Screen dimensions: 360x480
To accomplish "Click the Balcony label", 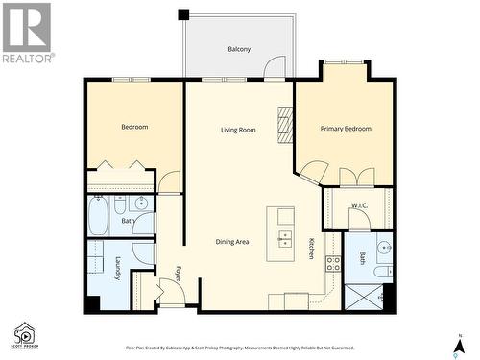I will tap(240, 49).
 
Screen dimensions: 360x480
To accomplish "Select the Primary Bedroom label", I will tap(346, 129).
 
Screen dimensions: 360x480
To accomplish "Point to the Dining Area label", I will tap(232, 242).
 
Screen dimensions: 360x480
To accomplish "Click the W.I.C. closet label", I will tap(360, 205).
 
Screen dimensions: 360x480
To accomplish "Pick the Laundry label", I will tap(118, 269).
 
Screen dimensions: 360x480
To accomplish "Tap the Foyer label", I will tap(179, 274).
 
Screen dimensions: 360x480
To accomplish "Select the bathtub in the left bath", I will tap(99, 217).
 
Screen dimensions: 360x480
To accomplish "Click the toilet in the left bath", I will tap(121, 205).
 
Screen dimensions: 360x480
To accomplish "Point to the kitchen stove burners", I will tap(333, 263).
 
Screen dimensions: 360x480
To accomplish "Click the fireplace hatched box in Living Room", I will tap(284, 125).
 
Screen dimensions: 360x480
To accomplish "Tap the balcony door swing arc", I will tap(276, 67).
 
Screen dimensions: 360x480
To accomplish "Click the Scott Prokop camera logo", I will tap(25, 335).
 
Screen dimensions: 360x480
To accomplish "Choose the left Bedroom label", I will tap(134, 127).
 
